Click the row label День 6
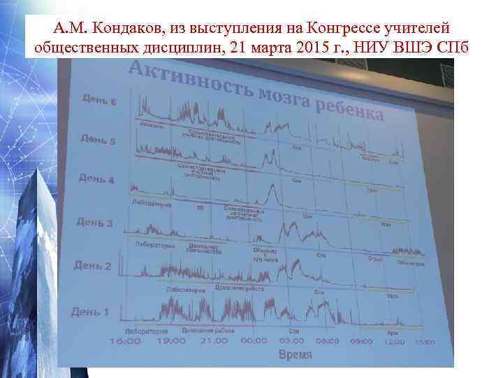pyautogui.click(x=99, y=100)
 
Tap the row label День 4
pyautogui.click(x=96, y=178)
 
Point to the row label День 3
pyautogui.click(x=94, y=223)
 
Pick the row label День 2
pyautogui.click(x=92, y=265)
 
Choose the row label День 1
pyautogui.click(x=91, y=311)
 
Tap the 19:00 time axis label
pyautogui.click(x=169, y=342)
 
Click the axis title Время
pyautogui.click(x=296, y=355)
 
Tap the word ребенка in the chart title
pyautogui.click(x=348, y=109)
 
